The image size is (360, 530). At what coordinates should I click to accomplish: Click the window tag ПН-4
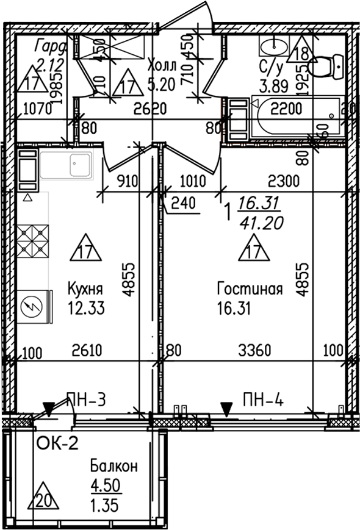tap(262, 400)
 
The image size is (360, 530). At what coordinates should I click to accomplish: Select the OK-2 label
tap(58, 443)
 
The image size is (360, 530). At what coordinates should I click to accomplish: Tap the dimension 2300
tap(283, 181)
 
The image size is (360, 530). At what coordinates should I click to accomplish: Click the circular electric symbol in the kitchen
tap(29, 305)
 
